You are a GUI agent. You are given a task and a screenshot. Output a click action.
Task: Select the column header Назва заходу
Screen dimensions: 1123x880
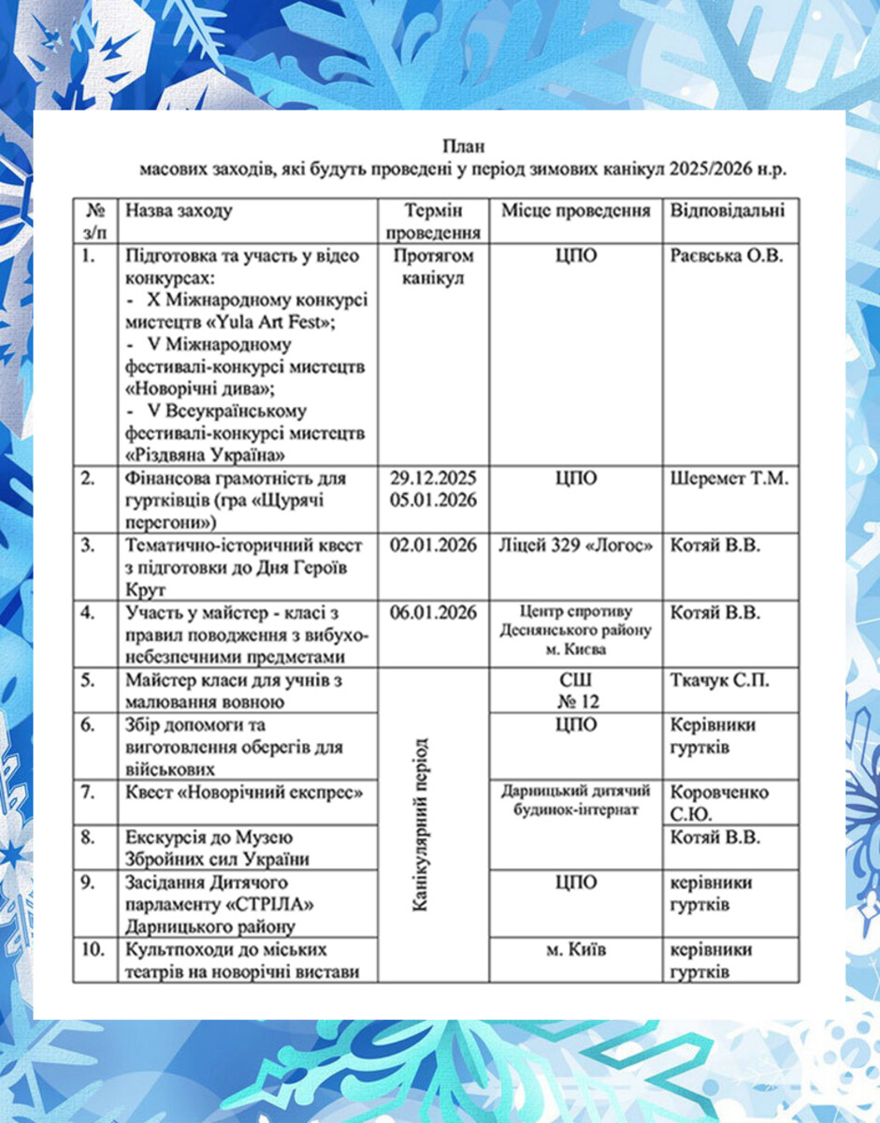pos(179,211)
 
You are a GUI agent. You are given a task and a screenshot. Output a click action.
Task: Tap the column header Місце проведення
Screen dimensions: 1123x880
pos(575,211)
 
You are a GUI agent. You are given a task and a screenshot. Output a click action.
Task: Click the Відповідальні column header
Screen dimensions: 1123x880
pos(728,211)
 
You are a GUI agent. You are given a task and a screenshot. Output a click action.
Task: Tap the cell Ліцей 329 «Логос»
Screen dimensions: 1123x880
pos(575,546)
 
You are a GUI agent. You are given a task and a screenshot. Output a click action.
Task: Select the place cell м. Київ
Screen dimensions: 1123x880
pos(575,951)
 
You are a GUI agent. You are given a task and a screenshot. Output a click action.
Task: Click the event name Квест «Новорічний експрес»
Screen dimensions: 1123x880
pos(244,793)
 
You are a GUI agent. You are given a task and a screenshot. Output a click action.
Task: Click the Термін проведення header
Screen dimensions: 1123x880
pos(433,221)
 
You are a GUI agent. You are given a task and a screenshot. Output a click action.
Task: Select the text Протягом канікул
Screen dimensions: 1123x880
pos(433,267)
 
